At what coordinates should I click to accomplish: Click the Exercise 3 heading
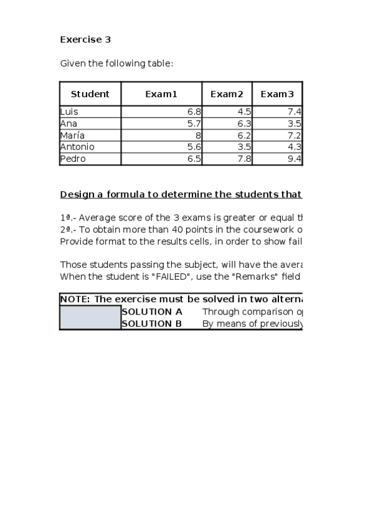coord(85,39)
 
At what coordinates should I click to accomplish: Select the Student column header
coord(90,94)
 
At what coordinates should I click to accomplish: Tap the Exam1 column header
coord(161,94)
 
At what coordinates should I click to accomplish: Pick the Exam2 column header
coord(227,94)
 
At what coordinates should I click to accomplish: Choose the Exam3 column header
coord(276,94)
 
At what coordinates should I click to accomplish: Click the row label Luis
coord(69,111)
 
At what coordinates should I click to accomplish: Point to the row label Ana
coord(68,123)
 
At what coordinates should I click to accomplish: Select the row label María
coord(72,135)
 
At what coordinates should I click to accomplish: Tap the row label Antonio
coord(77,147)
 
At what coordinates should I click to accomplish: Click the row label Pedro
coord(73,159)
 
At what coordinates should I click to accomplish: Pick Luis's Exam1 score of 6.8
coord(194,111)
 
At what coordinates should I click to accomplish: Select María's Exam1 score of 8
coord(198,135)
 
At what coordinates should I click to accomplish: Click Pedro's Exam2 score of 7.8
coord(245,159)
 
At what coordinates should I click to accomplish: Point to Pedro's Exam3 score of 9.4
coord(295,159)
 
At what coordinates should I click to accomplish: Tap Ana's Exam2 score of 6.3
coord(245,123)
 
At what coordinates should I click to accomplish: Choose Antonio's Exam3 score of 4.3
coord(295,147)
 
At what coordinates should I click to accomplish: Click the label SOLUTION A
coord(152,311)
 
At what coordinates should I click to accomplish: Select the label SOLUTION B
coord(152,323)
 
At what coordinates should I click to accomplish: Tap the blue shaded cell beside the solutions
coord(90,317)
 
